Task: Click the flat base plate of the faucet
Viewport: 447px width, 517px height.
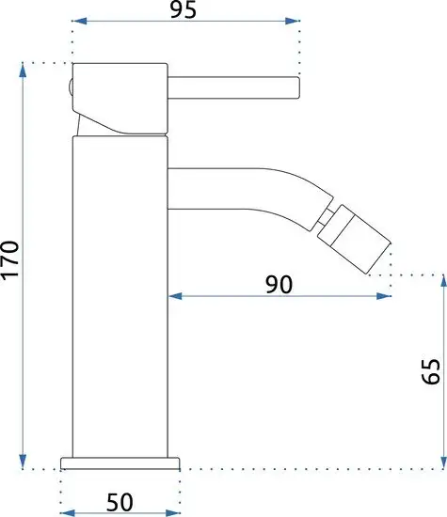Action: [120, 462]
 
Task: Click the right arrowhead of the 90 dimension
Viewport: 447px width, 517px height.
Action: [387, 296]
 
